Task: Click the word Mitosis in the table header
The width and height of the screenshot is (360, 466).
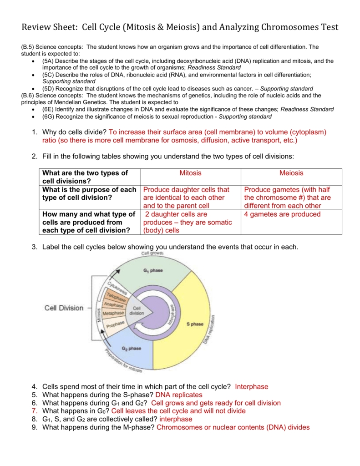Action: (190, 173)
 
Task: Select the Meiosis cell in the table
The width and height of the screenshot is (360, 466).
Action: (291, 173)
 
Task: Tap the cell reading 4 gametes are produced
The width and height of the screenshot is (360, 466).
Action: (282, 214)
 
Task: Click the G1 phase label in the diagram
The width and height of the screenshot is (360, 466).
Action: (153, 270)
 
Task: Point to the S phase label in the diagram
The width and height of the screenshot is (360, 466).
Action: (195, 324)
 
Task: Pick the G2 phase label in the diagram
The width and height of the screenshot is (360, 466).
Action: (132, 349)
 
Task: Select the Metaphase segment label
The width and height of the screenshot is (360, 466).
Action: (113, 314)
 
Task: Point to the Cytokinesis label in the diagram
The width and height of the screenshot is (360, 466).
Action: (117, 287)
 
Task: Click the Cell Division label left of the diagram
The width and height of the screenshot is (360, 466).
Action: (64, 308)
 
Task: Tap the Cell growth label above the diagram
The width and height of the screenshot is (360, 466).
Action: (152, 253)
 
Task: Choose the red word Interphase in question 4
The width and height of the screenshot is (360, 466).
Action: (252, 386)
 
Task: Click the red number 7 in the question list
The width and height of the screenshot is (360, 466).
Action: (34, 411)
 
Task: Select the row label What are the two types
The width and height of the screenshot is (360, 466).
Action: (85, 173)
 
